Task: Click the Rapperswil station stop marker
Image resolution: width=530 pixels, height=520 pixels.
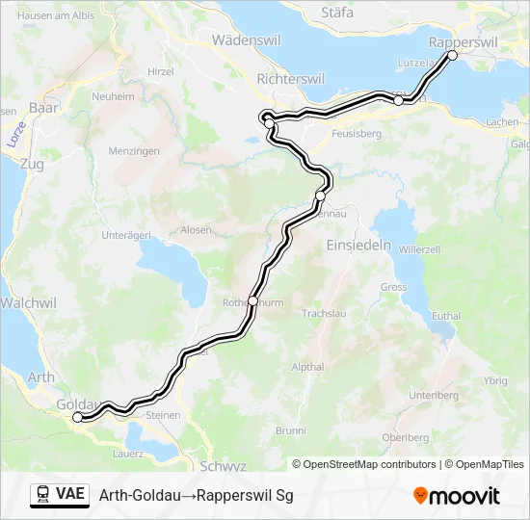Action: tap(452, 55)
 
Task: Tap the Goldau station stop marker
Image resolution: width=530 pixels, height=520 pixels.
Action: tap(78, 417)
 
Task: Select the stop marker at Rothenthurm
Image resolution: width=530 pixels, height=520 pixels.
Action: tap(252, 300)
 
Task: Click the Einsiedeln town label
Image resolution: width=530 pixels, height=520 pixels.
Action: tap(358, 245)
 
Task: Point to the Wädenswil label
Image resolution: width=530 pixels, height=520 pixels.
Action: tap(246, 40)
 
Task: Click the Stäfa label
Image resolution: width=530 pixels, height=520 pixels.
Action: tap(336, 13)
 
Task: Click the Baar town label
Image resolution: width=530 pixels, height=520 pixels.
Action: tap(45, 108)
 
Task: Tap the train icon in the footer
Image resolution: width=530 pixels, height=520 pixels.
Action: tap(43, 495)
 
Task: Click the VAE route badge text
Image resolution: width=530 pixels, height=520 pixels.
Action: tap(70, 495)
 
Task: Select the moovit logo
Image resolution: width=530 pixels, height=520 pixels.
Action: tap(457, 496)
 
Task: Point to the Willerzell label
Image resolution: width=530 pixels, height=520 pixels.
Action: tap(419, 248)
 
